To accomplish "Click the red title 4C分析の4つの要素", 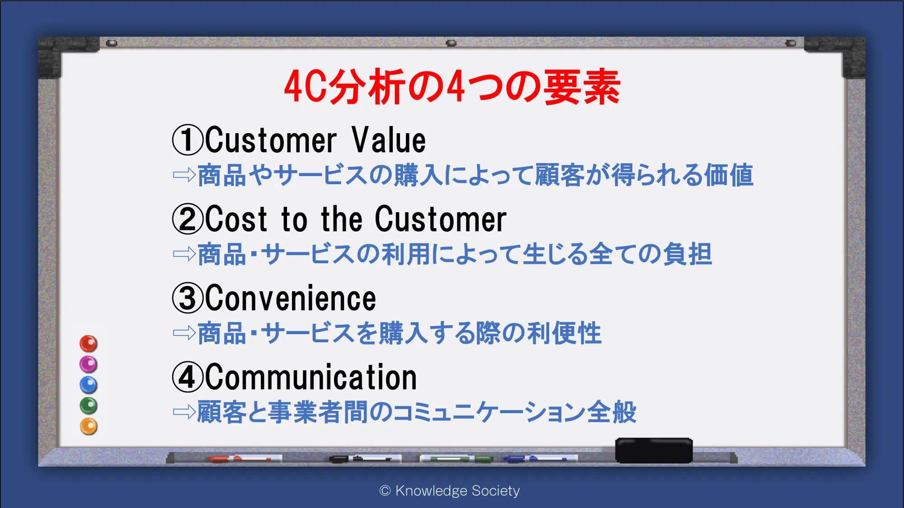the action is (452, 87).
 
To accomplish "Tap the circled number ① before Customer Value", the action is (188, 140).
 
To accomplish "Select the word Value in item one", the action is (389, 140).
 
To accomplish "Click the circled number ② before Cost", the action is (188, 219).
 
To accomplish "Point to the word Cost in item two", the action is (236, 219).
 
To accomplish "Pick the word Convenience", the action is (291, 298).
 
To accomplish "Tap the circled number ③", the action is (188, 298).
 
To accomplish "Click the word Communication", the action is (311, 377).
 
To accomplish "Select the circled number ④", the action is (188, 377).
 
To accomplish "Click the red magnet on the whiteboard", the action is (89, 344).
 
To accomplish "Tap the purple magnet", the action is (89, 364).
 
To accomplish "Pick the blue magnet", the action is (89, 385).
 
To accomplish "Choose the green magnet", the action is (89, 405).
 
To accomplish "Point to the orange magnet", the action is (89, 426).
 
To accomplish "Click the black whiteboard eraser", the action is (654, 450).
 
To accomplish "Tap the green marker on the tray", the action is (457, 459).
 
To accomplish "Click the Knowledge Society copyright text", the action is (450, 490).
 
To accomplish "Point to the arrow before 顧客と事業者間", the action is (184, 412).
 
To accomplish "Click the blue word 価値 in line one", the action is (728, 175).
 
